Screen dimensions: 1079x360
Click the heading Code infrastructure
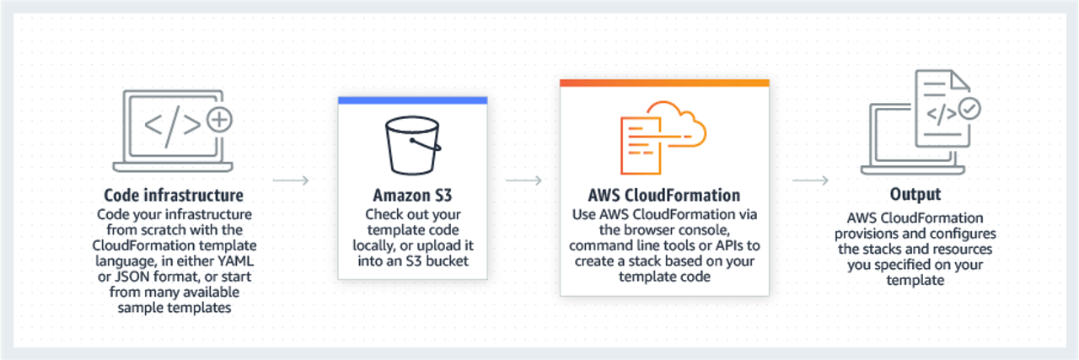point(174,196)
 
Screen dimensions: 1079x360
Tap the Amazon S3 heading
point(412,196)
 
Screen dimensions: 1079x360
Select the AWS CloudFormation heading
point(663,196)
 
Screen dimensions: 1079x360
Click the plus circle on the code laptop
point(219,121)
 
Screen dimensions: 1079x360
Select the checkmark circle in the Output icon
point(970,109)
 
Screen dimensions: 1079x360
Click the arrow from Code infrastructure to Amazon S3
point(292,180)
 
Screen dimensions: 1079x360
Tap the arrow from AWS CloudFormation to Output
point(811,180)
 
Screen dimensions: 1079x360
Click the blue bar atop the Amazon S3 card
point(412,100)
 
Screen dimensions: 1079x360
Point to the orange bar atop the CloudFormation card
point(664,83)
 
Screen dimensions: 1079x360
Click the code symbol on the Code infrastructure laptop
point(172,125)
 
